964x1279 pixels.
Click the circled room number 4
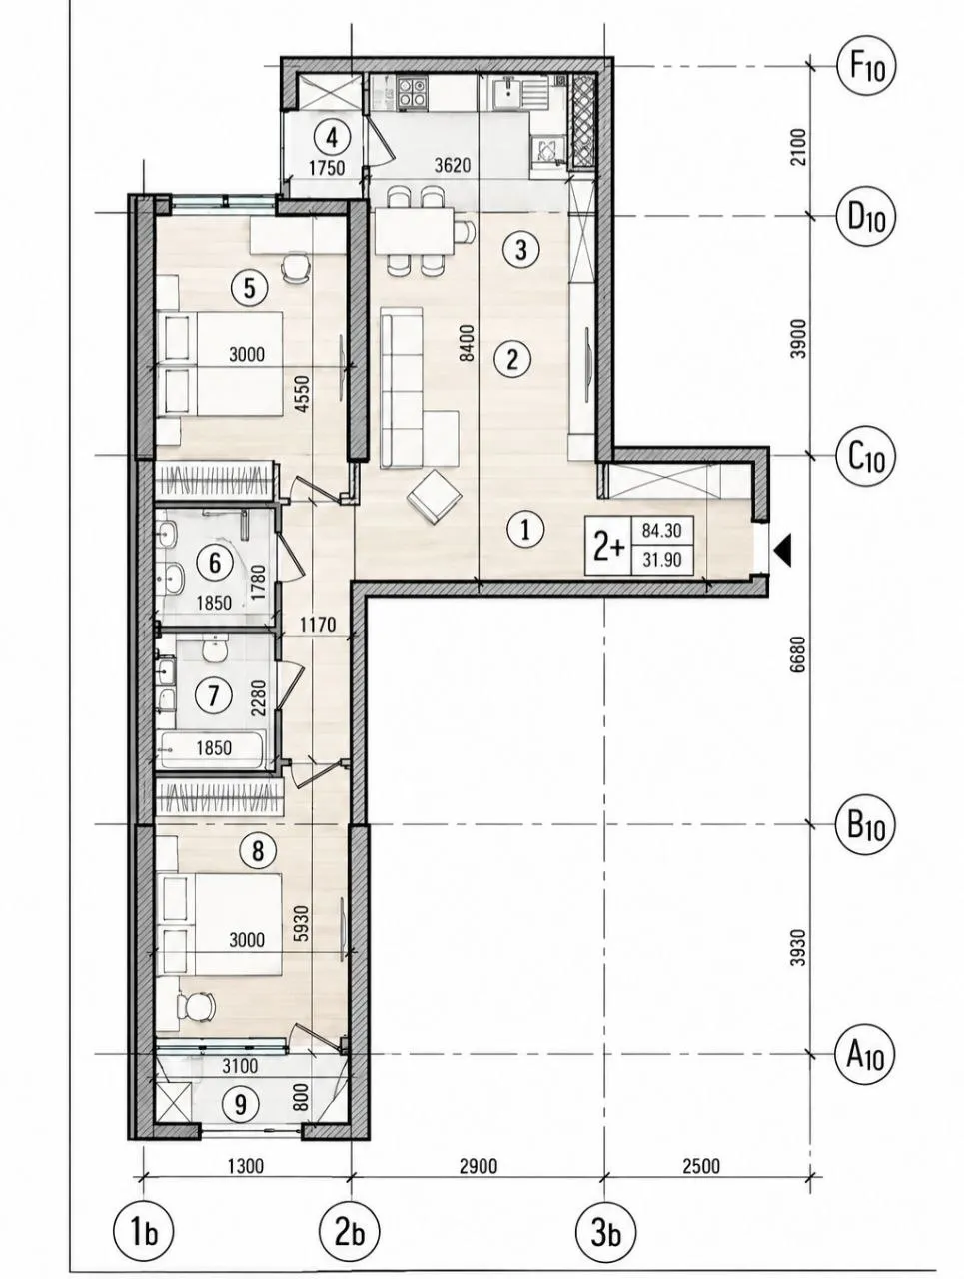pos(332,138)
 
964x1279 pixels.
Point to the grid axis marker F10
pos(865,67)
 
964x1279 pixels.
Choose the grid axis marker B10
pos(865,824)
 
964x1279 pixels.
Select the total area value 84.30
pos(661,531)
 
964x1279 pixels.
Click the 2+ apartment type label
pos(608,548)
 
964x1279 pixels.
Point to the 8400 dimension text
pos(469,343)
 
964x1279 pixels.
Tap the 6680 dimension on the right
pos(798,653)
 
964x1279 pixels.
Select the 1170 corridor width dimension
pos(318,625)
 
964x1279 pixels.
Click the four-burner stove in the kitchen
pos(412,93)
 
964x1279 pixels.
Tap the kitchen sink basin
pos(507,94)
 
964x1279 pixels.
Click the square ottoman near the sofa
pos(434,496)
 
